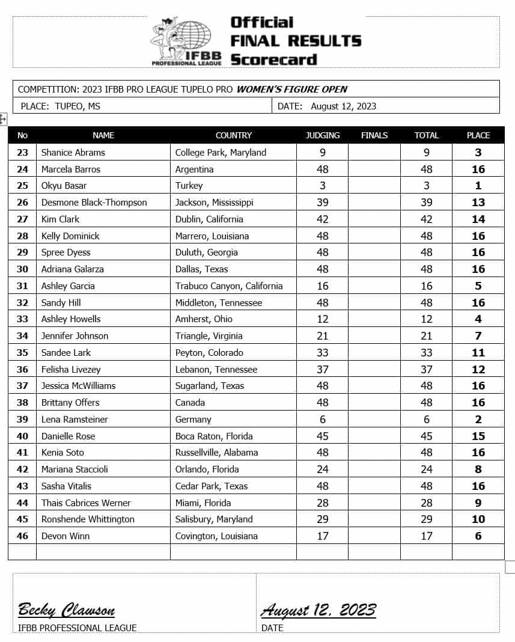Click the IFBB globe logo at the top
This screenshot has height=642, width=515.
[187, 40]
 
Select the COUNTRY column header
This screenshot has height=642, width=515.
[233, 135]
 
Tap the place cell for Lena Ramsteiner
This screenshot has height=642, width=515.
[478, 420]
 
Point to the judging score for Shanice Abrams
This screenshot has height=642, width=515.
[323, 153]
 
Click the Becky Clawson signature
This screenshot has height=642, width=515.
[66, 611]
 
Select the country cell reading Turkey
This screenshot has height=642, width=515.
[189, 186]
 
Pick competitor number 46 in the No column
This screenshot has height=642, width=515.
[22, 536]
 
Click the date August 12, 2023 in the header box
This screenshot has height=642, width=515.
[343, 106]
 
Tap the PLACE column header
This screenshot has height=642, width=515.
[478, 135]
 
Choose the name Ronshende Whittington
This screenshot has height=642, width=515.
[88, 519]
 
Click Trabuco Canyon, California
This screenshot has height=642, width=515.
[228, 286]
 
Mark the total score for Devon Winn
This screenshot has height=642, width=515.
[426, 536]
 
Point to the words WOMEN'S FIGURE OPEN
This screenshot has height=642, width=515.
[292, 90]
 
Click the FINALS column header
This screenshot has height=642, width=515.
[374, 135]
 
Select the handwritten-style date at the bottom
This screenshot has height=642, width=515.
[318, 611]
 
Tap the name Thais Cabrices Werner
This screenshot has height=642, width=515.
[85, 503]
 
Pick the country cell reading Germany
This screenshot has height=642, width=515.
[193, 420]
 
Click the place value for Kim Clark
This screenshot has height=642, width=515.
[478, 219]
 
